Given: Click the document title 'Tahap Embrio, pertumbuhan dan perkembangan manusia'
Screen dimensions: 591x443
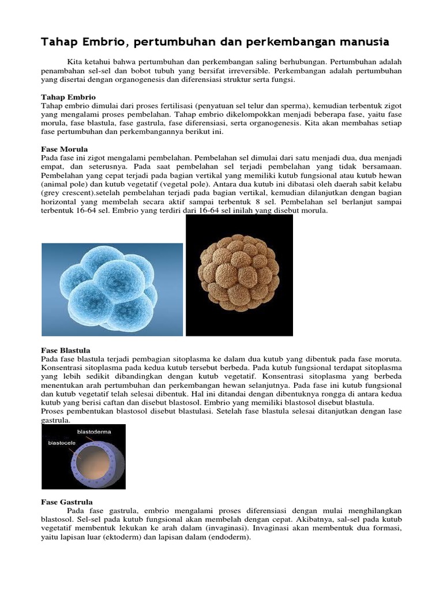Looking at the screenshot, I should [215, 42].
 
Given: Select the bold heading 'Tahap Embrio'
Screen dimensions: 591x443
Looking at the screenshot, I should [68, 97].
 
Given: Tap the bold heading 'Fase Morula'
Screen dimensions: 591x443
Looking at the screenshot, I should [65, 149].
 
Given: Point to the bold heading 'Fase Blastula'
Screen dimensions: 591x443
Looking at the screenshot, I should [65, 350].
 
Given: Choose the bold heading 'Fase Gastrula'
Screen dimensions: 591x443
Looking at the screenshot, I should [67, 502].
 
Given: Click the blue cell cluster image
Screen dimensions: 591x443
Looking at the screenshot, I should [112, 289].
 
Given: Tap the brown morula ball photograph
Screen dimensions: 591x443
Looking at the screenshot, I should [239, 275].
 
